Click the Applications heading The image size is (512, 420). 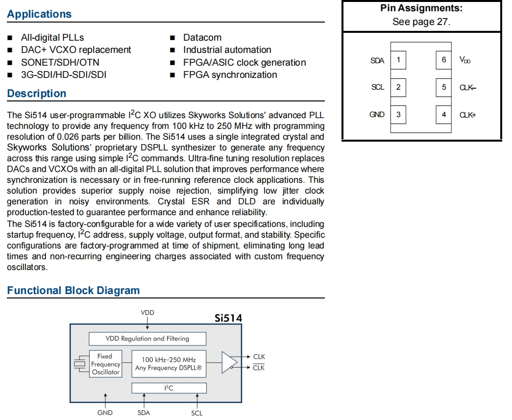[39, 14]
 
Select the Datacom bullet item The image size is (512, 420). [202, 38]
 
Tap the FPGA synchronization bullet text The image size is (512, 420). [230, 75]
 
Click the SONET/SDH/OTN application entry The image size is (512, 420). [60, 63]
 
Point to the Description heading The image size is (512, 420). [36, 94]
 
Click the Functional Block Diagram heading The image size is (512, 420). [73, 291]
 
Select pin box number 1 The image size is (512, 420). [398, 60]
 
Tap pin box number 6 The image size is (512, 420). [443, 60]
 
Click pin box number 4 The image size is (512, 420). [443, 115]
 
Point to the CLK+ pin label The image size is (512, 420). [467, 115]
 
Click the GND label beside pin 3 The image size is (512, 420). [377, 115]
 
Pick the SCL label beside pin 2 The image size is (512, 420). [378, 87]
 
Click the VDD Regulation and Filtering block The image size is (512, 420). [147, 339]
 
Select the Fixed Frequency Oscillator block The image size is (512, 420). [105, 364]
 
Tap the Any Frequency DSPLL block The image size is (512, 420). [169, 364]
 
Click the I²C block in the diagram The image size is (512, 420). [169, 388]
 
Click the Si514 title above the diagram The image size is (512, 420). [228, 318]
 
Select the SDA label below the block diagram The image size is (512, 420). [144, 413]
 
